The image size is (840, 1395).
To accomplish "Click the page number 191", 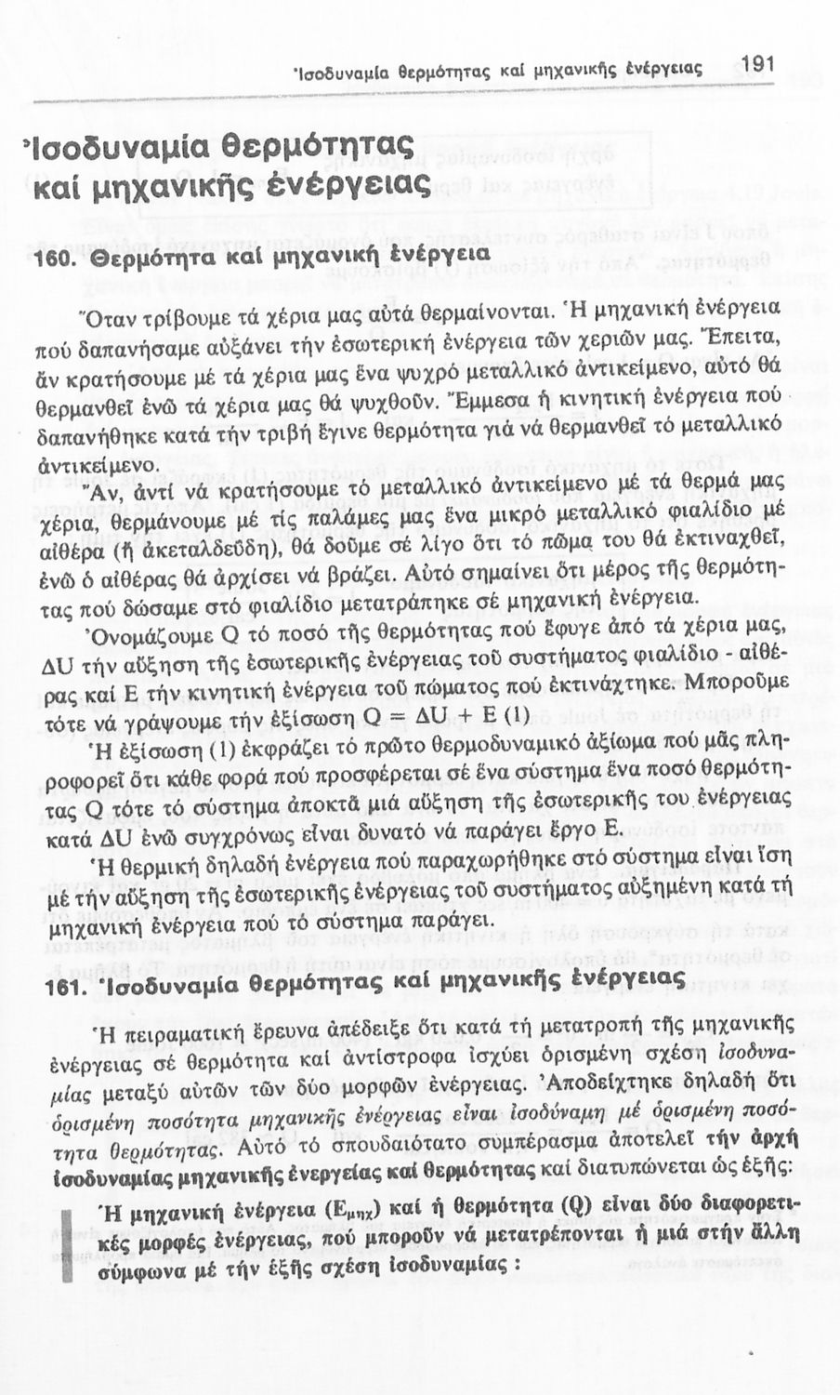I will tap(758, 63).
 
